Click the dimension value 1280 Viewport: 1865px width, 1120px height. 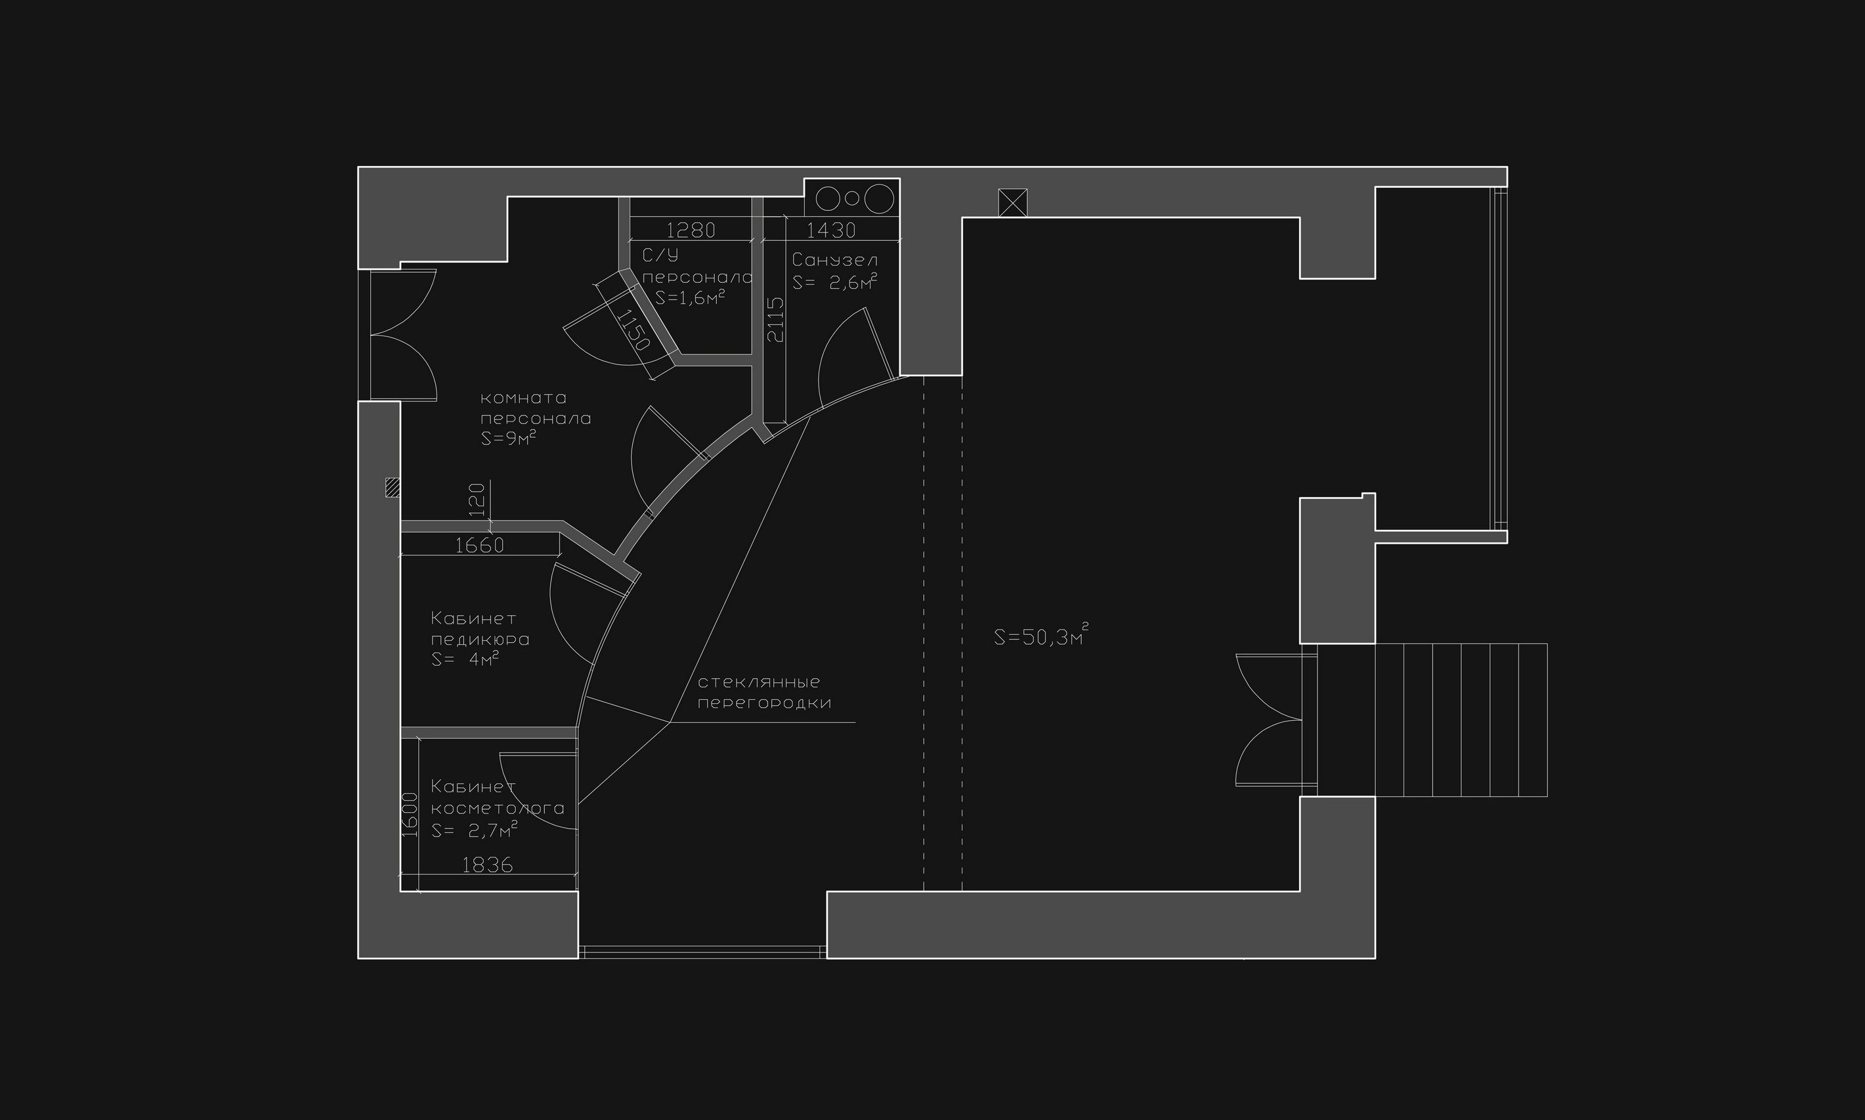tap(691, 229)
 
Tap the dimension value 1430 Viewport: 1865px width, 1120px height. tap(831, 229)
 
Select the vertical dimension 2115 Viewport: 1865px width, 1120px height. tap(775, 320)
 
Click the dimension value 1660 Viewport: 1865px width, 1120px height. tap(479, 545)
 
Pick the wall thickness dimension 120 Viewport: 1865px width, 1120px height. tap(476, 500)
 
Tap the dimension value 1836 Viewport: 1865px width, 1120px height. tap(487, 865)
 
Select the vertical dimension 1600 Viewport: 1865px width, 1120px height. tap(410, 815)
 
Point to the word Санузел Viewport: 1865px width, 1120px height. tap(835, 261)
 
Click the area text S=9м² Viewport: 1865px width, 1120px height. tap(509, 438)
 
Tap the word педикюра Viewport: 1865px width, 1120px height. tap(480, 640)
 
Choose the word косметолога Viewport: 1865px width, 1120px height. tap(498, 808)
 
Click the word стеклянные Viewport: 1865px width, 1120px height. tap(759, 682)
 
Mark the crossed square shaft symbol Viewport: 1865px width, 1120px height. tap(1012, 202)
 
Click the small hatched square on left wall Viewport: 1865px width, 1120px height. tap(393, 488)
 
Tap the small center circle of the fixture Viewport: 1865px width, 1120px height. tap(853, 198)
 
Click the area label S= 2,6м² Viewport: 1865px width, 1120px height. tap(835, 282)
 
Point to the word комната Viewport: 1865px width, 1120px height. tap(524, 398)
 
